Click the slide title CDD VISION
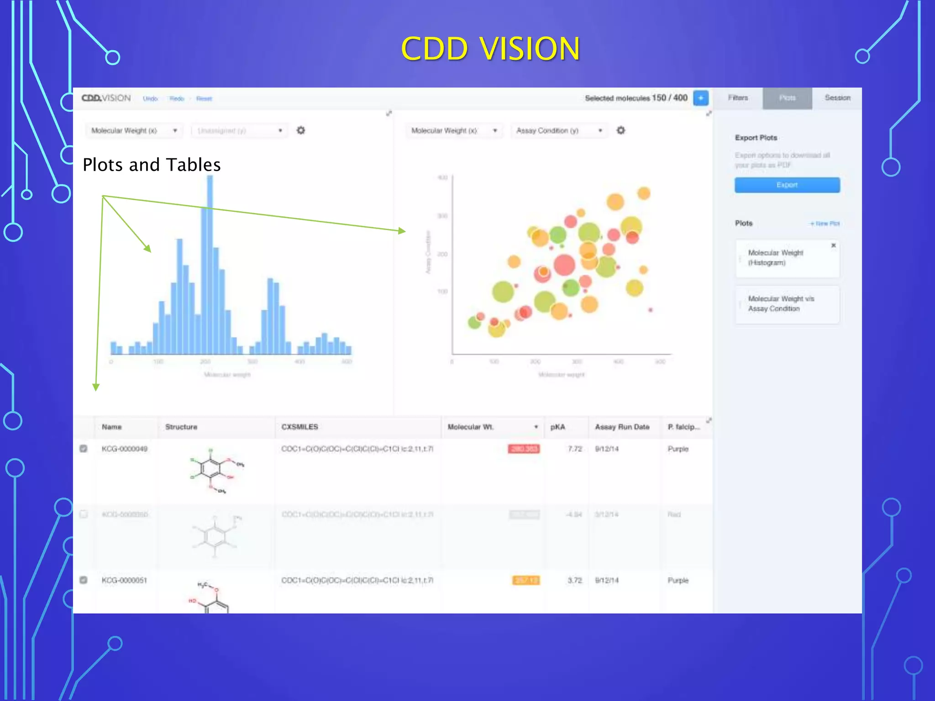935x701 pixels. [490, 48]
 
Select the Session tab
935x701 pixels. [837, 98]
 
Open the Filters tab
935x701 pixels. [738, 98]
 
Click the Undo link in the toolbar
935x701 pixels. [150, 99]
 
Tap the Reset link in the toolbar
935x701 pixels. [204, 99]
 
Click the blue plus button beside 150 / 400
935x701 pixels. [700, 98]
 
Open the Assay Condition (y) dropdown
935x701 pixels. [559, 131]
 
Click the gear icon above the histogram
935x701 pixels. [301, 131]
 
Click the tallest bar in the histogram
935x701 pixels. [210, 265]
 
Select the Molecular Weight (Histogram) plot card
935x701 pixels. [787, 258]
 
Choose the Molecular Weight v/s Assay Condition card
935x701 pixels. [787, 304]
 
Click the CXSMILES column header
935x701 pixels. [299, 427]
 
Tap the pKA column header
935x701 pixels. [557, 427]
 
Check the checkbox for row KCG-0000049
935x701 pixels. [84, 449]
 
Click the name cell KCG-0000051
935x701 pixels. [124, 581]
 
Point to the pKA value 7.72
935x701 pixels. [575, 449]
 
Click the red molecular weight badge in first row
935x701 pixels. [524, 449]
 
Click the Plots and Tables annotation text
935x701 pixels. [152, 165]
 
